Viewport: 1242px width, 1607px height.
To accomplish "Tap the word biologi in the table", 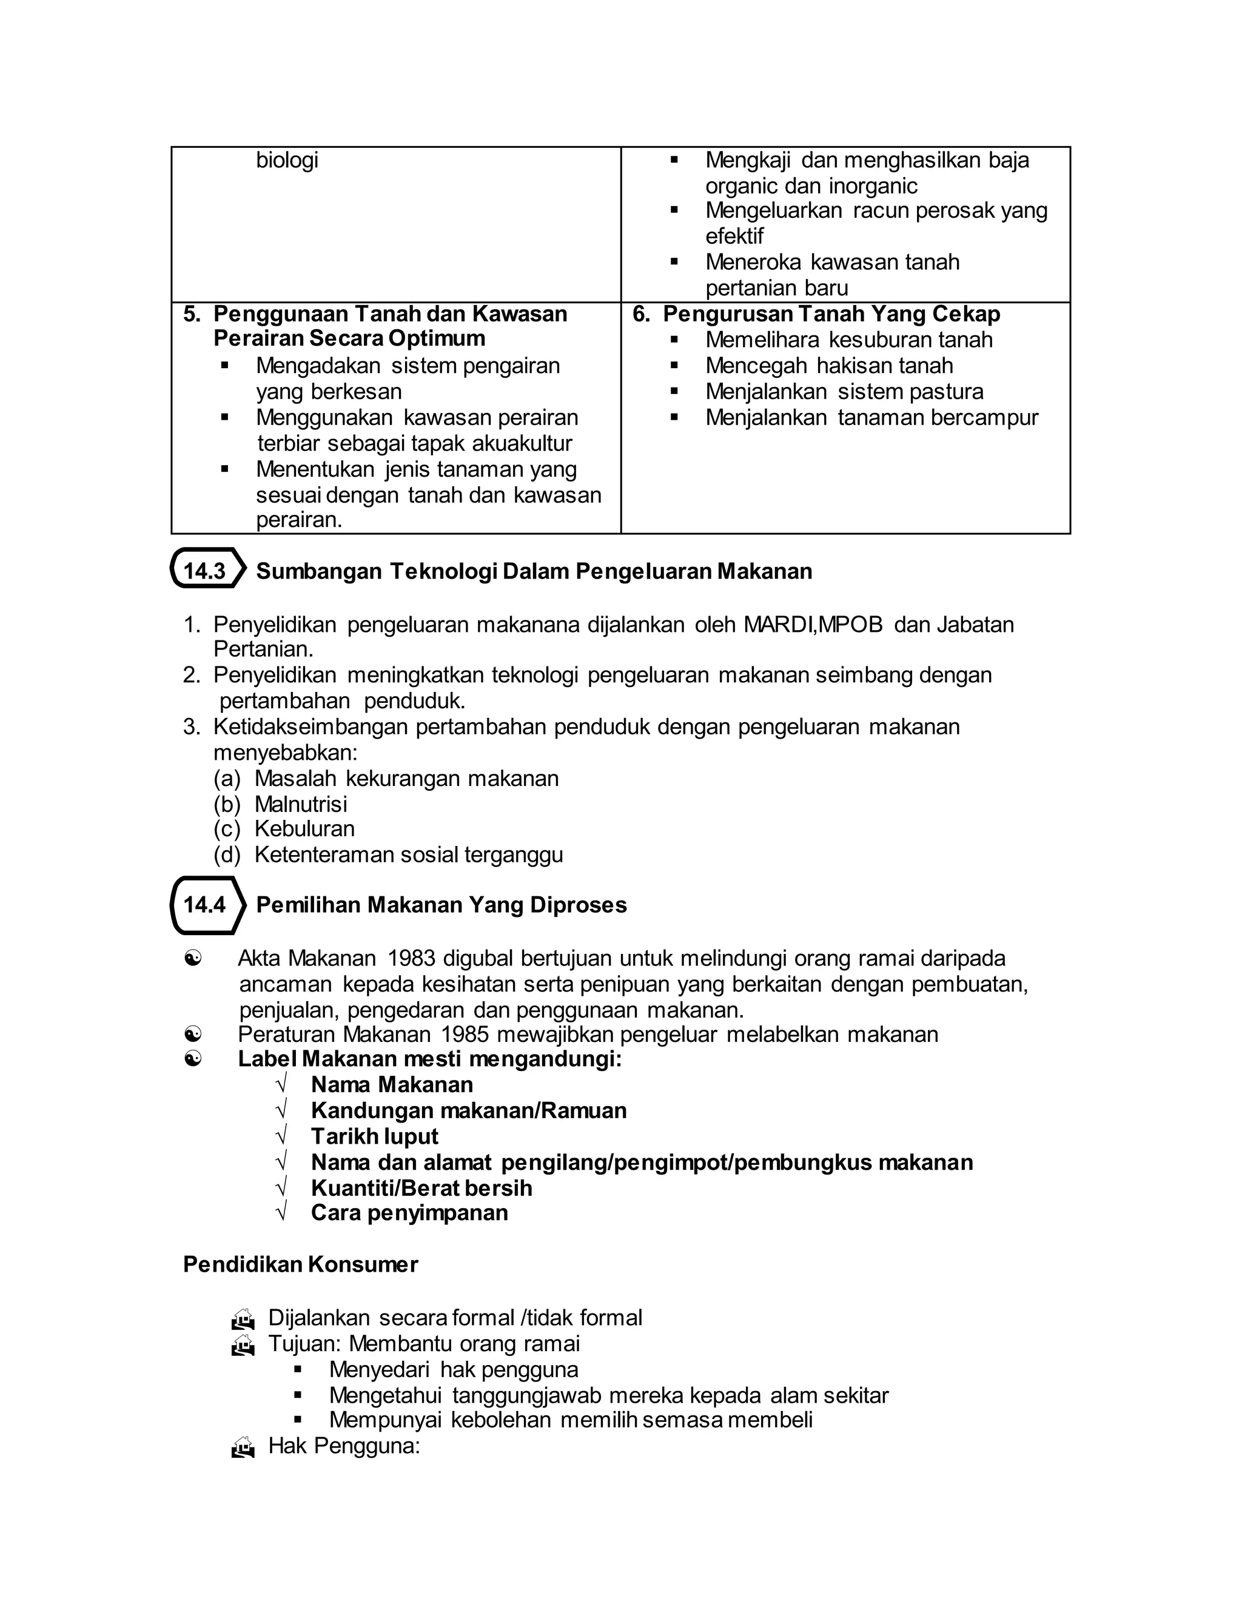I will [x=287, y=159].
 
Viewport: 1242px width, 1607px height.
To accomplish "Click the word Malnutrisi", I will [x=301, y=804].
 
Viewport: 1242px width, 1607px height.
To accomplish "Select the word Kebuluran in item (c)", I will [x=304, y=829].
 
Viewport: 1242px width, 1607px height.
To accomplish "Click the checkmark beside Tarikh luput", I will [x=281, y=1136].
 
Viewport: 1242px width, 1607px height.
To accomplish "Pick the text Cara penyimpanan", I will [x=409, y=1213].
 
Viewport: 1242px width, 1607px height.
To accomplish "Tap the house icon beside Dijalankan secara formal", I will [x=243, y=1318].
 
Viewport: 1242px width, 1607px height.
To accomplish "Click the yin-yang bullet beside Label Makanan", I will [x=193, y=1059].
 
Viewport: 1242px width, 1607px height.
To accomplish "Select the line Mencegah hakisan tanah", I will [x=829, y=366].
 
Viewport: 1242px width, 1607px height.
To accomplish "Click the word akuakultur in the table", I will [x=525, y=444].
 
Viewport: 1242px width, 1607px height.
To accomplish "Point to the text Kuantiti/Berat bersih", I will [x=421, y=1187].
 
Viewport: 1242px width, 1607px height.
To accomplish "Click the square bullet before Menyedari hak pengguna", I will [x=298, y=1369].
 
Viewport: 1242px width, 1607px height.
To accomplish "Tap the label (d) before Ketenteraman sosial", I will [x=227, y=855].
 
